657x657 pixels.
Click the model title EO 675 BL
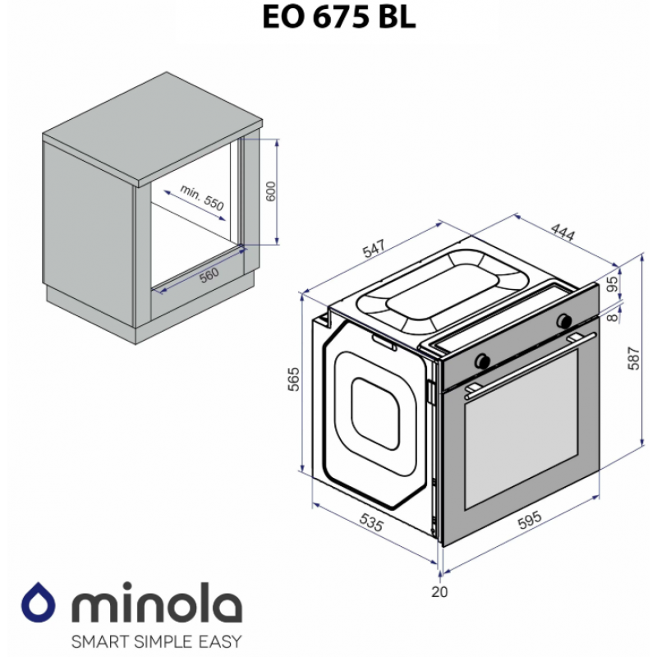(339, 17)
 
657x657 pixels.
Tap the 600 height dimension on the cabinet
(271, 191)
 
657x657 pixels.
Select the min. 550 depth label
(202, 197)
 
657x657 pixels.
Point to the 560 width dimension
(209, 275)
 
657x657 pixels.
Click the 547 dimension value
(374, 248)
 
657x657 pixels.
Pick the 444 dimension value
(563, 232)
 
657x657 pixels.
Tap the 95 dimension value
(612, 283)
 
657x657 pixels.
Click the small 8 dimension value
(613, 317)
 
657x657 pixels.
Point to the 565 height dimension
(294, 379)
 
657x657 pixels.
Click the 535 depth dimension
(371, 522)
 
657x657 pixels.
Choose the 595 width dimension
(530, 520)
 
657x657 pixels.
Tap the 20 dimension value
(439, 591)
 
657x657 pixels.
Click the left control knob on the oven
(482, 361)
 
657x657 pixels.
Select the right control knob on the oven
(564, 320)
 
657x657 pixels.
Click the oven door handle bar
(531, 365)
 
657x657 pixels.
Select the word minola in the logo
(157, 603)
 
